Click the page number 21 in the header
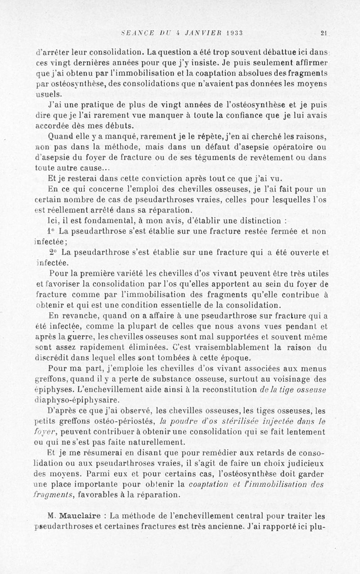pyautogui.click(x=324, y=32)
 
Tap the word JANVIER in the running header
pyautogui.click(x=198, y=32)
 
